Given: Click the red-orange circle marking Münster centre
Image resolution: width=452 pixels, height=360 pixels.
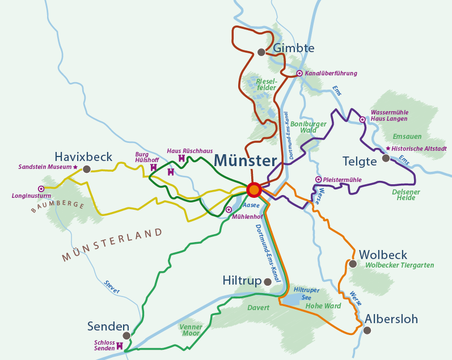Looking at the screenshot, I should pos(254,189).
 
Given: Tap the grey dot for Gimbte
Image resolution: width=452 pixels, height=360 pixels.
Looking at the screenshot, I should pos(261,52).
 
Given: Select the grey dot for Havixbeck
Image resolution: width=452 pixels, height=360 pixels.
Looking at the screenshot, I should pos(87,169).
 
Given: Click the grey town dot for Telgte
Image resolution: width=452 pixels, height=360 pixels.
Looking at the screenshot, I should pos(386,158).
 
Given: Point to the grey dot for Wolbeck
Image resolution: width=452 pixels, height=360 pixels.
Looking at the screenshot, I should pos(353,264).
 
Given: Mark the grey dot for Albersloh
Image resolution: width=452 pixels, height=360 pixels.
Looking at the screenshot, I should pos(367,330).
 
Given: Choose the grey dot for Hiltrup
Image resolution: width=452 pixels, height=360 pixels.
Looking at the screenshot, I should pos(267,281).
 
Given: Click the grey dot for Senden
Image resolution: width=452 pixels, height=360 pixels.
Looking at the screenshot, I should pos(126,336).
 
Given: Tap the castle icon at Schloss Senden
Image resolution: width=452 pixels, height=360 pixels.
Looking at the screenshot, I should pos(120,345).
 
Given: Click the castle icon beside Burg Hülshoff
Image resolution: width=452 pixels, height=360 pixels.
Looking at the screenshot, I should pos(153,167).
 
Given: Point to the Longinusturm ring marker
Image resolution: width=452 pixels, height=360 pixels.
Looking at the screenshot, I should pos(41,189).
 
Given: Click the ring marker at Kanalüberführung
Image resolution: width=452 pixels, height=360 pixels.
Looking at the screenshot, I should pos(299,73).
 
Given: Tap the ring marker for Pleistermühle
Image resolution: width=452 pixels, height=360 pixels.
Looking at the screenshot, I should pos(318,180).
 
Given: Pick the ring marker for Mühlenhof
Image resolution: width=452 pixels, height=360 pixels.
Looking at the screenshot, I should pos(229,210).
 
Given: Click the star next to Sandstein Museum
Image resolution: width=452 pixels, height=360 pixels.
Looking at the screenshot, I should pos(75,167).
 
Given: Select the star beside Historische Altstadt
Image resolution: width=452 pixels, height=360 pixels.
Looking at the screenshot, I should pos(388,149).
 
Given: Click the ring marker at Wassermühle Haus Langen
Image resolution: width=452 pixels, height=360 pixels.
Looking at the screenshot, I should pos(362,120).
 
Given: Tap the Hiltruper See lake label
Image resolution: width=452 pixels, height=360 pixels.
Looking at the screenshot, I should pos(307,294).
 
